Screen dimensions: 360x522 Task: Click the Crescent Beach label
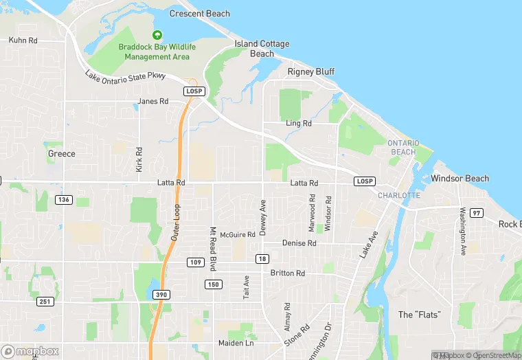tap(199, 14)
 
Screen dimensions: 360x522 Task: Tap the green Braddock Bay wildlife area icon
tap(157, 34)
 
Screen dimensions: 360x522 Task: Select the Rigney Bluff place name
tap(310, 71)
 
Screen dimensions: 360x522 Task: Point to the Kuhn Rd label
tap(23, 41)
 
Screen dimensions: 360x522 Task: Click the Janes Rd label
tap(152, 101)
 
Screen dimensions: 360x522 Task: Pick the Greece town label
tap(61, 154)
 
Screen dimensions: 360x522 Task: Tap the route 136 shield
tap(64, 199)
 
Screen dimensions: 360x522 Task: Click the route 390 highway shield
tap(161, 294)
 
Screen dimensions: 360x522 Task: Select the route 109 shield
tap(194, 262)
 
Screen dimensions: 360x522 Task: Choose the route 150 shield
tap(213, 284)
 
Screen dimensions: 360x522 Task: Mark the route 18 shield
tap(262, 258)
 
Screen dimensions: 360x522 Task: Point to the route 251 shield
tap(45, 302)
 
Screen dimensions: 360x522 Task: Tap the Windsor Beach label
tap(459, 179)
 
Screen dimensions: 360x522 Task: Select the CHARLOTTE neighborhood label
tap(398, 195)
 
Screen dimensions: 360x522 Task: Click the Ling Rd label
tap(299, 124)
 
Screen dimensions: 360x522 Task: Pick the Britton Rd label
tap(288, 273)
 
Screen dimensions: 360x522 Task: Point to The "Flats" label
tap(419, 315)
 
